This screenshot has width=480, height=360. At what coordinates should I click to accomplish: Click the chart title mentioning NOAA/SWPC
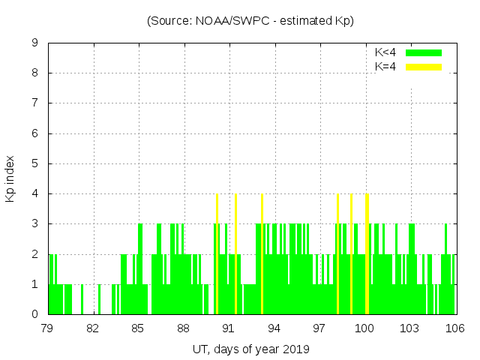click(x=250, y=21)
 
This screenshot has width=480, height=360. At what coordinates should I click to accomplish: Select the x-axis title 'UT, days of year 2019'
click(x=250, y=349)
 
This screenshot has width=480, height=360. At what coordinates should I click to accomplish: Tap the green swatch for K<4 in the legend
click(x=424, y=53)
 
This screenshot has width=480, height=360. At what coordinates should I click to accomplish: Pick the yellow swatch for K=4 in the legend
click(x=424, y=67)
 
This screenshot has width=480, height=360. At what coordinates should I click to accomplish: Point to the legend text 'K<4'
click(x=385, y=53)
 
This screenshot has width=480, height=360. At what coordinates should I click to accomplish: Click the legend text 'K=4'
click(x=385, y=67)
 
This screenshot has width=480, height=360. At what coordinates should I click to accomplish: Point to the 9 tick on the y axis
click(x=34, y=43)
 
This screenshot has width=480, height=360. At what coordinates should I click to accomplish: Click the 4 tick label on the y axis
click(x=34, y=193)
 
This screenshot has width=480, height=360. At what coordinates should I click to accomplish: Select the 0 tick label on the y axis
click(x=34, y=314)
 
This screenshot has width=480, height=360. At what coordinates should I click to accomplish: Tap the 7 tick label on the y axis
click(x=34, y=103)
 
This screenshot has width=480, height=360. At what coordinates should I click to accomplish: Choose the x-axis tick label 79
click(x=48, y=328)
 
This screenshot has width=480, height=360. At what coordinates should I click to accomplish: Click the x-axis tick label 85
click(x=139, y=328)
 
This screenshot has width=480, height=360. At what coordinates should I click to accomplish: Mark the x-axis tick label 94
click(x=274, y=328)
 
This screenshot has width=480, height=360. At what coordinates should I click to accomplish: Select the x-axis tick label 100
click(x=364, y=328)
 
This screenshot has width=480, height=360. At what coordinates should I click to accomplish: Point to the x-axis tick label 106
click(x=455, y=328)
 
